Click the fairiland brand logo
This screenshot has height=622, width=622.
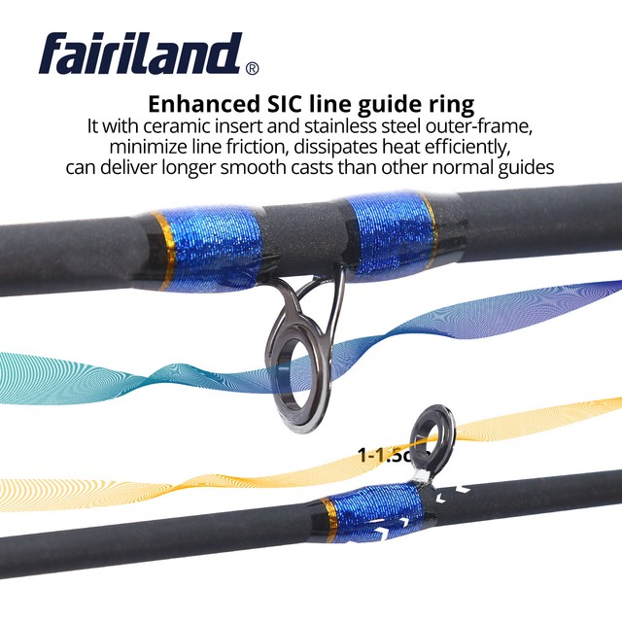pos(141,54)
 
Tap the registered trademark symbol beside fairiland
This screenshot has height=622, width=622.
pos(253,69)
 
